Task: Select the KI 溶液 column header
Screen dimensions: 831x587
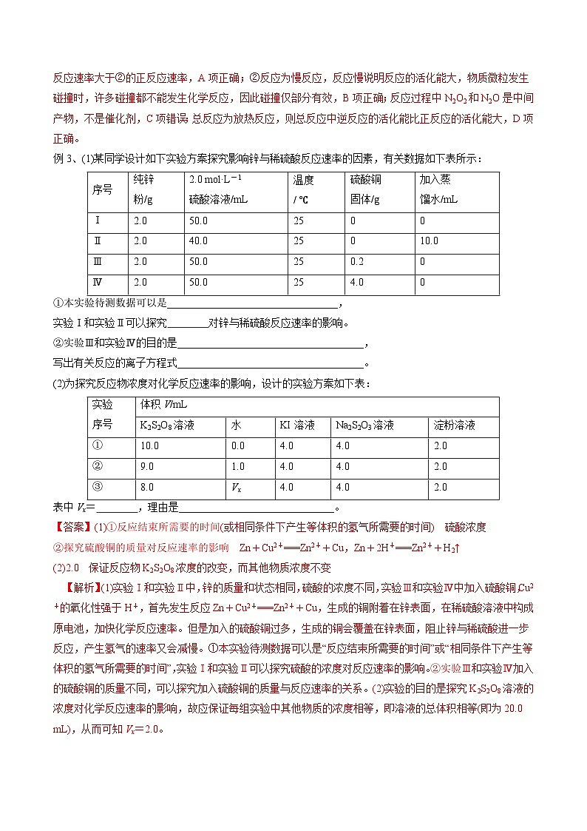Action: click(296, 425)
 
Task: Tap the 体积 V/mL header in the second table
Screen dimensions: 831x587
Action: click(164, 406)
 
